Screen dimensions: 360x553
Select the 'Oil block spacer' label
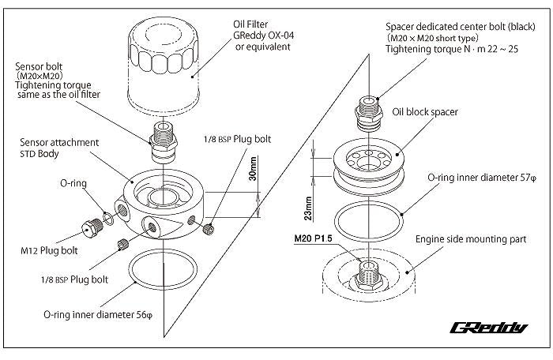click(x=425, y=112)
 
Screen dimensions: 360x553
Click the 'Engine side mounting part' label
click(x=472, y=237)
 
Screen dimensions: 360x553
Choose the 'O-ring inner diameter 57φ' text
click(x=483, y=177)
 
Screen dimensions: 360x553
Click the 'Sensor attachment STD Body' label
click(x=59, y=148)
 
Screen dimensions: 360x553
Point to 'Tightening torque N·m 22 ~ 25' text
click(x=453, y=49)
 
